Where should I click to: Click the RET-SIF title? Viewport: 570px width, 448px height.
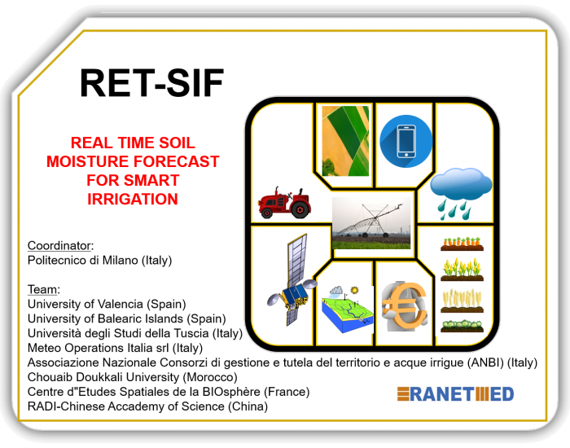[x=151, y=83]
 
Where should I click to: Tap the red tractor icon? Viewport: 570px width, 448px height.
[x=285, y=202]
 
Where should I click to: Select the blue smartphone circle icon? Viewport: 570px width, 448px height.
[x=406, y=141]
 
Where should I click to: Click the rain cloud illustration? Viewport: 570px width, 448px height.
[x=461, y=194]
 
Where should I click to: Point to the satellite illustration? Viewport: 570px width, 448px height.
[x=291, y=279]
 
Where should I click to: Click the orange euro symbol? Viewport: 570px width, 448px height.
[x=404, y=306]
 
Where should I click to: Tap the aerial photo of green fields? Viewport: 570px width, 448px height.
[x=345, y=141]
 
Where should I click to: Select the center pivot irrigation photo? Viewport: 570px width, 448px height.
[x=371, y=223]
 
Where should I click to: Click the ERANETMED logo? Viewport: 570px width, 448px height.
[x=455, y=394]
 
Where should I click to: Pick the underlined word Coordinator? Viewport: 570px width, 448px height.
[x=59, y=245]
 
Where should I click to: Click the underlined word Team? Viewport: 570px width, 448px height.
[x=42, y=289]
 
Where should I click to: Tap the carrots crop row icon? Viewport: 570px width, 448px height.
[x=462, y=244]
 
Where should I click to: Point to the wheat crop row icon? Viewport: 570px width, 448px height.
[x=462, y=301]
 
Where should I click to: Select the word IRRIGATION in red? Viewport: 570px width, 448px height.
[x=133, y=199]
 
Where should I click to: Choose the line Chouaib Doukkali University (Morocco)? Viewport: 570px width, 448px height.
[x=132, y=377]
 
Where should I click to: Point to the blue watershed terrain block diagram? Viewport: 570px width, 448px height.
[x=346, y=309]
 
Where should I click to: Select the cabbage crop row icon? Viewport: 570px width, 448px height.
[x=462, y=326]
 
